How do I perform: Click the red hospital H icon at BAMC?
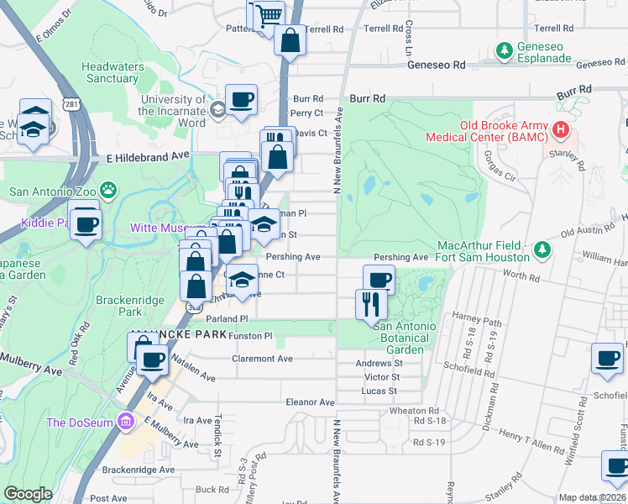(561, 132)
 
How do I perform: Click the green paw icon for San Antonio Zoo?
(107, 190)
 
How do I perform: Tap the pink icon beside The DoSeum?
(126, 421)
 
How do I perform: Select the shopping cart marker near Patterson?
(269, 15)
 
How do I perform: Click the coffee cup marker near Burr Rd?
(241, 99)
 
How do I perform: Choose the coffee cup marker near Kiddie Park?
(86, 223)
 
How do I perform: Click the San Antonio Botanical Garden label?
(405, 338)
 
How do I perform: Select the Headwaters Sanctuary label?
(109, 72)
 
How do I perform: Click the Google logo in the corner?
(28, 494)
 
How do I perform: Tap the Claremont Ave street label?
(263, 359)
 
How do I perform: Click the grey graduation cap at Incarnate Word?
(217, 109)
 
